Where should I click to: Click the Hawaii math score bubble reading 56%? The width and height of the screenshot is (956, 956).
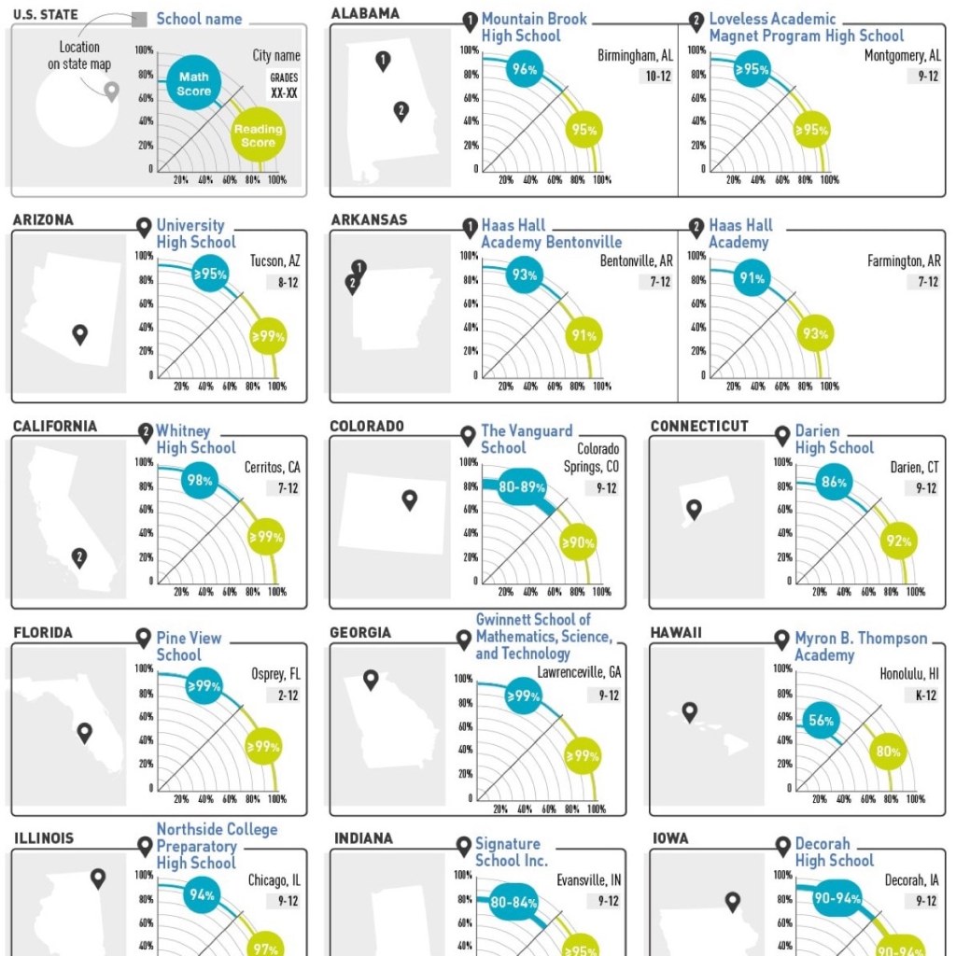[821, 722]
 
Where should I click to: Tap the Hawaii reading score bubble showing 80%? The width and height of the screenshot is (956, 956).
[888, 752]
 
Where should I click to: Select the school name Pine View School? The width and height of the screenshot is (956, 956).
[189, 646]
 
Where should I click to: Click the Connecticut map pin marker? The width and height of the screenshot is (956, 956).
[694, 510]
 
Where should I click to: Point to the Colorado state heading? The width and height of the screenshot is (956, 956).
[367, 427]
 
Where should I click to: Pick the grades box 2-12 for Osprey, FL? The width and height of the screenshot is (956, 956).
[288, 695]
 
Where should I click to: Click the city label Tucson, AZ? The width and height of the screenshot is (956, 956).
[275, 260]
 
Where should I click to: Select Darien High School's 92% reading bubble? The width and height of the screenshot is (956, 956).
[899, 541]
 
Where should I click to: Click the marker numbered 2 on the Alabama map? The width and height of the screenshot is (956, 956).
[401, 111]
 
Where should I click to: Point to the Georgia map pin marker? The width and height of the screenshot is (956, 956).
[371, 680]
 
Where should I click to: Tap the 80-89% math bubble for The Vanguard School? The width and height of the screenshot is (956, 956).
[522, 486]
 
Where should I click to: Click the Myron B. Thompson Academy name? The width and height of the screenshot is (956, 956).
[861, 646]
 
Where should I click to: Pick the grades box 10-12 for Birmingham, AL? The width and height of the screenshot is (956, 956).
[659, 77]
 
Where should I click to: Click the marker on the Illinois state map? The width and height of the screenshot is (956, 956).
[98, 879]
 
